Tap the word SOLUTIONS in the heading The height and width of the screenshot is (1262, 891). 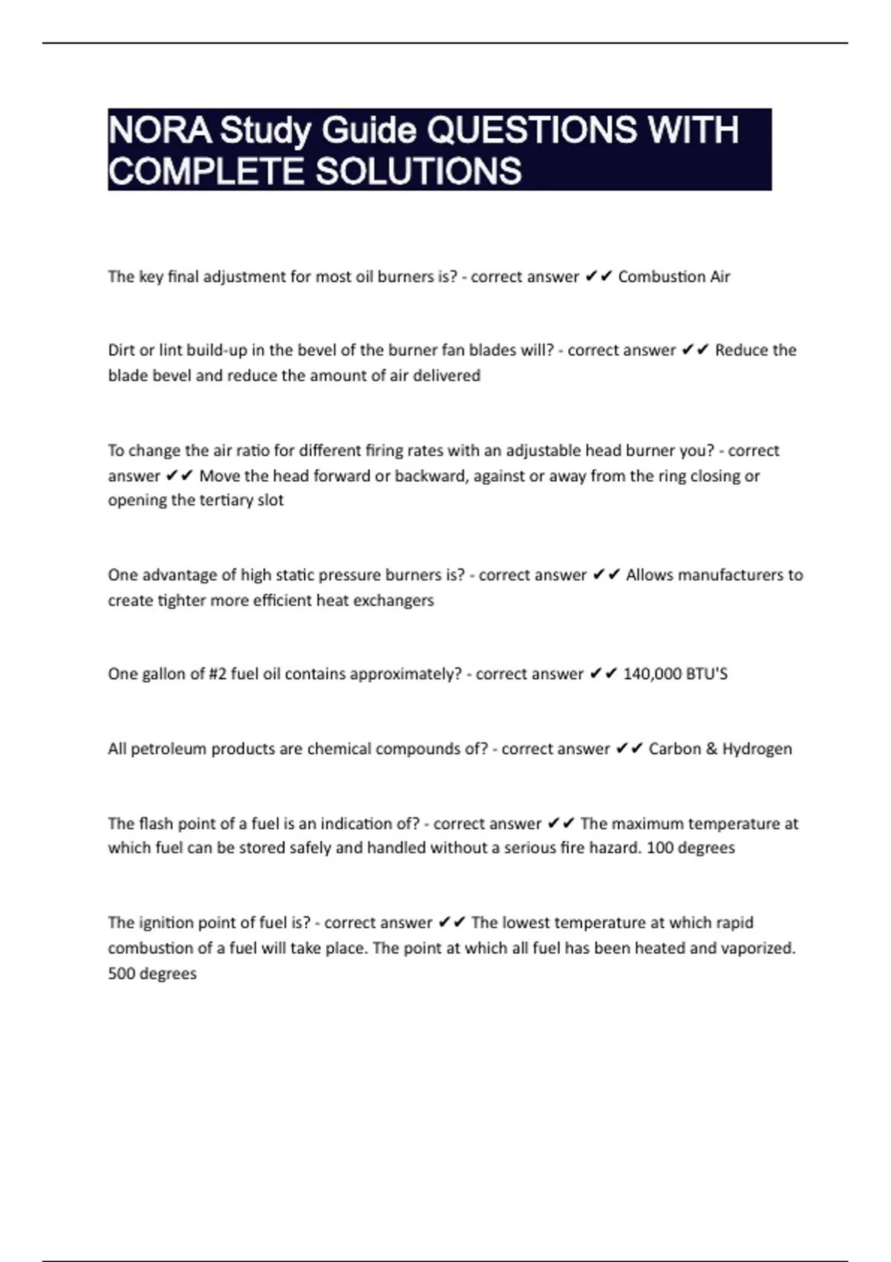pos(419,171)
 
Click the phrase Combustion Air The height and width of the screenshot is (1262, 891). pos(674,277)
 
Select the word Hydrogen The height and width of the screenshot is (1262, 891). pos(757,748)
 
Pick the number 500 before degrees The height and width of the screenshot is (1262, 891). pos(122,973)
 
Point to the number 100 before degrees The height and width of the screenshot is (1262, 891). pos(660,848)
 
